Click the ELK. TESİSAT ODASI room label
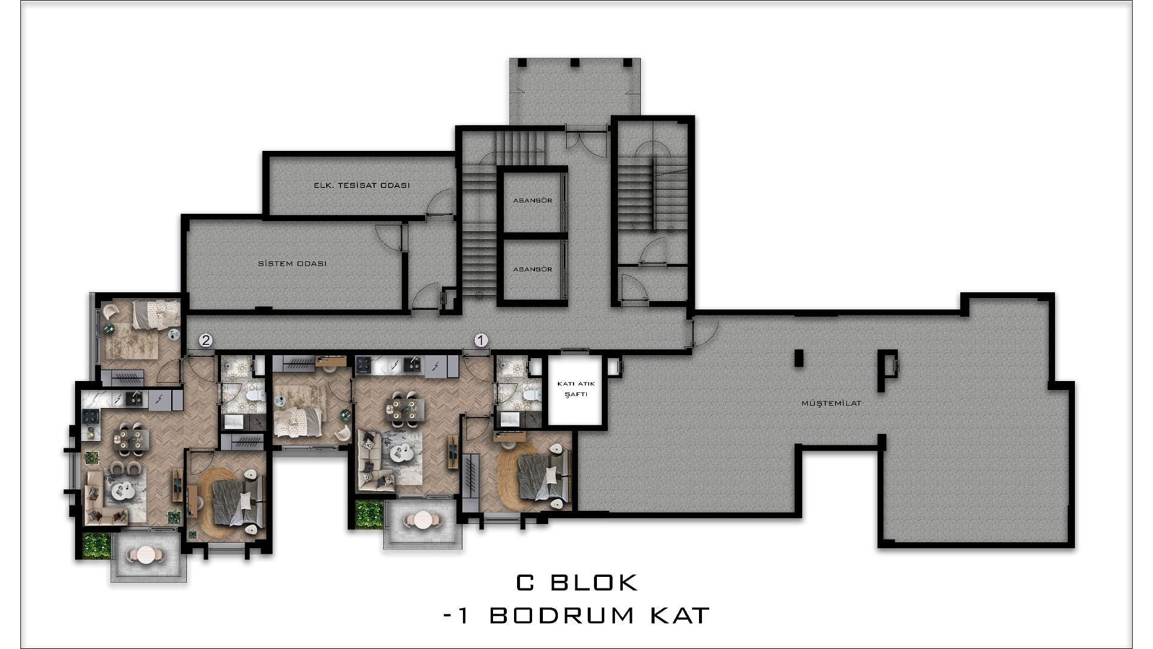pyautogui.click(x=362, y=185)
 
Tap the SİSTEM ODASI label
pyautogui.click(x=292, y=264)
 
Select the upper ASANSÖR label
pyautogui.click(x=533, y=200)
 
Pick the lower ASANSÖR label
pyautogui.click(x=533, y=269)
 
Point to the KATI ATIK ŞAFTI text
pyautogui.click(x=575, y=389)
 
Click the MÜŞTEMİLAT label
pyautogui.click(x=831, y=403)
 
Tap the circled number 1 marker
pyautogui.click(x=481, y=341)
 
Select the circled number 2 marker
pyautogui.click(x=206, y=341)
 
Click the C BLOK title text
pyautogui.click(x=576, y=582)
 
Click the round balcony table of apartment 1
pyautogui.click(x=424, y=520)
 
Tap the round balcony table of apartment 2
pyautogui.click(x=146, y=555)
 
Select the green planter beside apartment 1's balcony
pyautogui.click(x=369, y=514)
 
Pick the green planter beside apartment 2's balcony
pyautogui.click(x=96, y=546)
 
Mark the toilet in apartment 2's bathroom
pyautogui.click(x=256, y=395)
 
